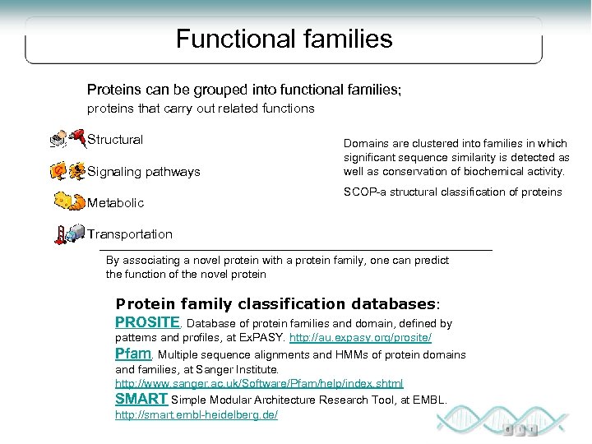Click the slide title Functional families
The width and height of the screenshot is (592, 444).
click(x=284, y=39)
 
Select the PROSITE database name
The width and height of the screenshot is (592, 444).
click(x=146, y=322)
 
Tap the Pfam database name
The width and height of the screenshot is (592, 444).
click(x=133, y=354)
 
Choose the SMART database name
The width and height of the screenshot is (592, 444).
click(x=141, y=399)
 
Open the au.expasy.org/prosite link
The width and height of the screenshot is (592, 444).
click(x=360, y=338)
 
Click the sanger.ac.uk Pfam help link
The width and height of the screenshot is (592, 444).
click(x=259, y=384)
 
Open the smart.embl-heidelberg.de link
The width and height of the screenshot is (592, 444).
click(x=196, y=414)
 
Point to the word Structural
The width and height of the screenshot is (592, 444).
click(x=115, y=140)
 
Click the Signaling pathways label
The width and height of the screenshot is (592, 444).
click(x=144, y=172)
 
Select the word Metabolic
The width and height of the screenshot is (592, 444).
click(x=116, y=202)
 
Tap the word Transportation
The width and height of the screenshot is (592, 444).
click(x=130, y=234)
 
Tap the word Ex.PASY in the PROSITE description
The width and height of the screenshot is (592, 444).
click(x=265, y=338)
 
